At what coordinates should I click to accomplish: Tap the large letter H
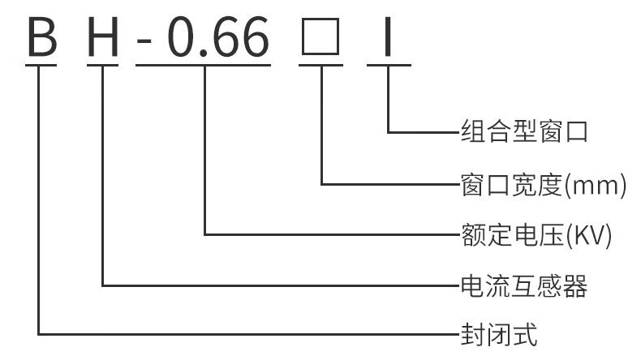[x=104, y=36]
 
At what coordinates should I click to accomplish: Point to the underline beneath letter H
[x=104, y=65]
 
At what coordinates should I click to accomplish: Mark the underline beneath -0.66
[x=203, y=65]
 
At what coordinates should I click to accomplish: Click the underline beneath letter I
[x=389, y=65]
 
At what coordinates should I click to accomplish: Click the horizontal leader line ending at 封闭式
[x=243, y=333]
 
